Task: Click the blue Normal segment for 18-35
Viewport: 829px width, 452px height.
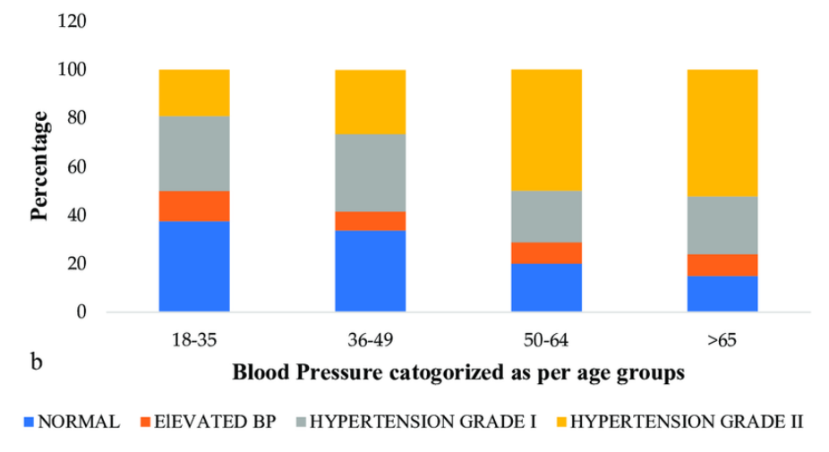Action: (x=194, y=267)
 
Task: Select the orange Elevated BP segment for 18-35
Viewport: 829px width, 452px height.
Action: (x=194, y=206)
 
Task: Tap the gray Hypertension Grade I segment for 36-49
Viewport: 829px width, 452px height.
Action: (x=370, y=173)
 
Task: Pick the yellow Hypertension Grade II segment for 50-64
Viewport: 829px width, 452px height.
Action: (x=546, y=131)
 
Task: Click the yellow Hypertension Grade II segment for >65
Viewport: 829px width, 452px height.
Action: (x=722, y=133)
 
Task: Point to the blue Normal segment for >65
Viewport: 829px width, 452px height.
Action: (x=722, y=294)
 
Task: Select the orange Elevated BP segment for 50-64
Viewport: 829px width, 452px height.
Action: (x=546, y=253)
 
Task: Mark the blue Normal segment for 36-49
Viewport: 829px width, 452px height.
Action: (x=370, y=271)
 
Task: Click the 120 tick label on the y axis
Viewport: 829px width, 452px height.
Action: (x=71, y=21)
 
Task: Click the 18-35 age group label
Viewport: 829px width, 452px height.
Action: (x=194, y=341)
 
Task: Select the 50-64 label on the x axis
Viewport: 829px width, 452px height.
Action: (x=546, y=341)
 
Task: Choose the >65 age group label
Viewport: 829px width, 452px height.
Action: (x=722, y=341)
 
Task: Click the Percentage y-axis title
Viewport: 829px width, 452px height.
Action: (x=40, y=166)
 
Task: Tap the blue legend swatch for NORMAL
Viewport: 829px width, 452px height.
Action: (x=30, y=422)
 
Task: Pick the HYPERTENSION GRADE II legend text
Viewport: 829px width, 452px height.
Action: (x=688, y=422)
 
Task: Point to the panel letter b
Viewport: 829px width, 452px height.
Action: (x=38, y=362)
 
